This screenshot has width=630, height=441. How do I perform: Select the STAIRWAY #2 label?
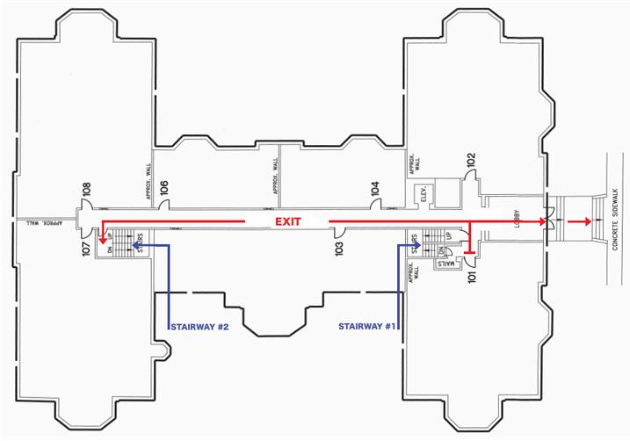coord(199,328)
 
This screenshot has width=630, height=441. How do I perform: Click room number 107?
coord(86,247)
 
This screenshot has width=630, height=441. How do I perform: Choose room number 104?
coord(375,187)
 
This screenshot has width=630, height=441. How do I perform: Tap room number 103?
coord(339,247)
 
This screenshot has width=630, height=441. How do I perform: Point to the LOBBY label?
coord(518,220)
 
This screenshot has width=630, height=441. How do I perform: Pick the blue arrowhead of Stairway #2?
coord(135,247)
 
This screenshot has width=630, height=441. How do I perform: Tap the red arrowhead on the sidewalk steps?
coord(583,222)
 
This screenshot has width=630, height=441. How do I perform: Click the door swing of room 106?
coord(163,204)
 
